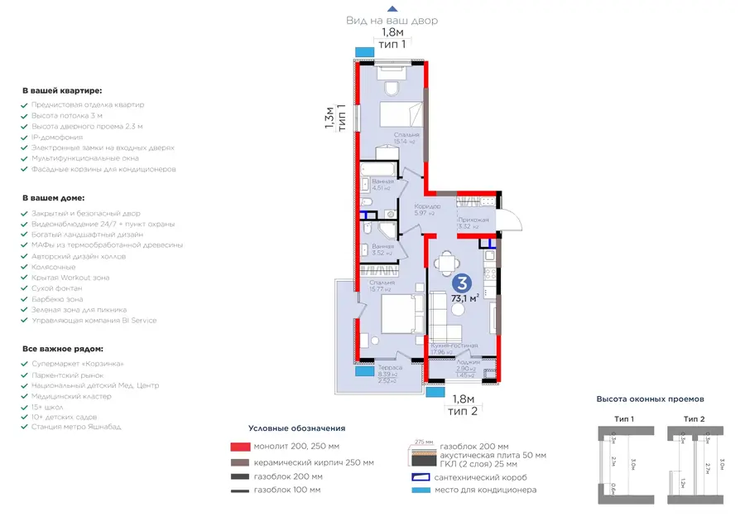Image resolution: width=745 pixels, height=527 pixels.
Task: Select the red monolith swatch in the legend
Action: pos(240,447)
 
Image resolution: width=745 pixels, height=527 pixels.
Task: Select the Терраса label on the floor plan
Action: pos(389,367)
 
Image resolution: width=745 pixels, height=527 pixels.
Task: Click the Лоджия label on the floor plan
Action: pos(469,362)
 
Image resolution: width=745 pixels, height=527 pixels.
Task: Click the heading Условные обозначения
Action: pos(296,428)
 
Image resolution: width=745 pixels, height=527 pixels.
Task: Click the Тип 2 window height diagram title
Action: pos(694,418)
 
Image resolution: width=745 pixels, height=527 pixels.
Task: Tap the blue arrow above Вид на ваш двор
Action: pos(392,8)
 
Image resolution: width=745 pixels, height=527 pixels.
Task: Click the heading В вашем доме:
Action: pos(52,199)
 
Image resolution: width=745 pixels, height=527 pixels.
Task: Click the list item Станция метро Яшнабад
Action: pos(76,428)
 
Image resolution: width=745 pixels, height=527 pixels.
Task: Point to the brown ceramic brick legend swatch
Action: pos(240,462)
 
